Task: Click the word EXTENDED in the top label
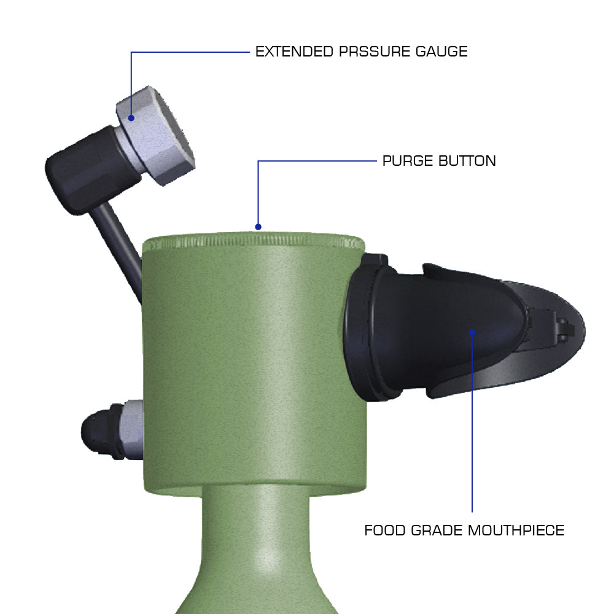point(294,52)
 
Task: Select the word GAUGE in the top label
point(441,52)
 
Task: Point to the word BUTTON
point(467,161)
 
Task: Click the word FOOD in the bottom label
point(385,530)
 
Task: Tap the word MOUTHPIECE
point(516,530)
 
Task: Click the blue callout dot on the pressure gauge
point(131,118)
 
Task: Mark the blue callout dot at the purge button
point(258,227)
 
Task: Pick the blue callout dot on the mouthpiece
point(472,332)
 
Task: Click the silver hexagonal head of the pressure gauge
point(155,135)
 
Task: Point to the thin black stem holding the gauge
point(117,251)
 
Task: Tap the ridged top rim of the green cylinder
point(254,241)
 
